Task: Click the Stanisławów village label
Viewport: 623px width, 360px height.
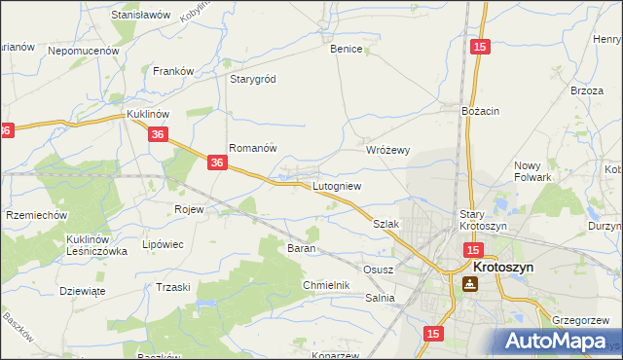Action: tap(141, 16)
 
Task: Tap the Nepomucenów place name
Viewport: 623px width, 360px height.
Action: tap(83, 50)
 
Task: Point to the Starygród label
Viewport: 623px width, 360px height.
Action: tap(253, 80)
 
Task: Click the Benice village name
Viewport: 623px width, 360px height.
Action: tap(346, 49)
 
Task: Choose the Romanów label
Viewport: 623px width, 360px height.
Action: tap(253, 148)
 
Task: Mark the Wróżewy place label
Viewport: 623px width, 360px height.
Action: tap(388, 150)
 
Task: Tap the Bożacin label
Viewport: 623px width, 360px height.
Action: tap(480, 111)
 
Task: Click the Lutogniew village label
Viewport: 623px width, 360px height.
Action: tap(337, 185)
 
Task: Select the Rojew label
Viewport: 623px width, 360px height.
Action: tap(188, 209)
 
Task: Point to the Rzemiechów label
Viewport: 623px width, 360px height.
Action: tap(36, 215)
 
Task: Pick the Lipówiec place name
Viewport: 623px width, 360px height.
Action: tap(163, 244)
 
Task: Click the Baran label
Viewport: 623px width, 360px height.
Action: tap(299, 248)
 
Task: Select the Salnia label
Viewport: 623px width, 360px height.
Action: tap(380, 298)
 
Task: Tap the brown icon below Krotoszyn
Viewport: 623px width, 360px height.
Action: tap(470, 284)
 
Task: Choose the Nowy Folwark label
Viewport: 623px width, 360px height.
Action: tap(532, 171)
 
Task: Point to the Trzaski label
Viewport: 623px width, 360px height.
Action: tap(172, 287)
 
